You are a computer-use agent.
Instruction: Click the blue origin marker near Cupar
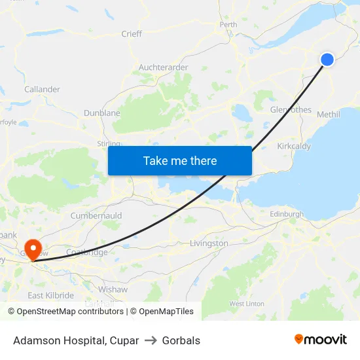pos(327,60)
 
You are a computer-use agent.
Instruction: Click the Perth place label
pos(228,25)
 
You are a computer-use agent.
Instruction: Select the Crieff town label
pos(132,34)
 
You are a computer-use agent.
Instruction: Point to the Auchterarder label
pos(163,67)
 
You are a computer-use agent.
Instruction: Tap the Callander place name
pos(42,90)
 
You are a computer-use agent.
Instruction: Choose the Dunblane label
pos(102,113)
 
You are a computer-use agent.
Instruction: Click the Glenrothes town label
pos(291,110)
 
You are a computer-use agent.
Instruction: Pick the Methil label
pos(328,115)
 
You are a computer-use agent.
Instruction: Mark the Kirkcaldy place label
pos(294,147)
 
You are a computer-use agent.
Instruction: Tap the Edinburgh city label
pos(287,214)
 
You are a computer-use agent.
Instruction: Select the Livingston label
pos(209,243)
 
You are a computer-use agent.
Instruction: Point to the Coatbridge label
pos(87,253)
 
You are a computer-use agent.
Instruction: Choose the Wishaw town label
pos(113,289)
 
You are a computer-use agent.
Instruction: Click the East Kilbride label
pos(50,296)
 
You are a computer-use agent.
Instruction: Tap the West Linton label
pos(247,304)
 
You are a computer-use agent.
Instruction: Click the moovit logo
pos(321,340)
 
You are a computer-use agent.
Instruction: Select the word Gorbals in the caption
pos(181,340)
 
